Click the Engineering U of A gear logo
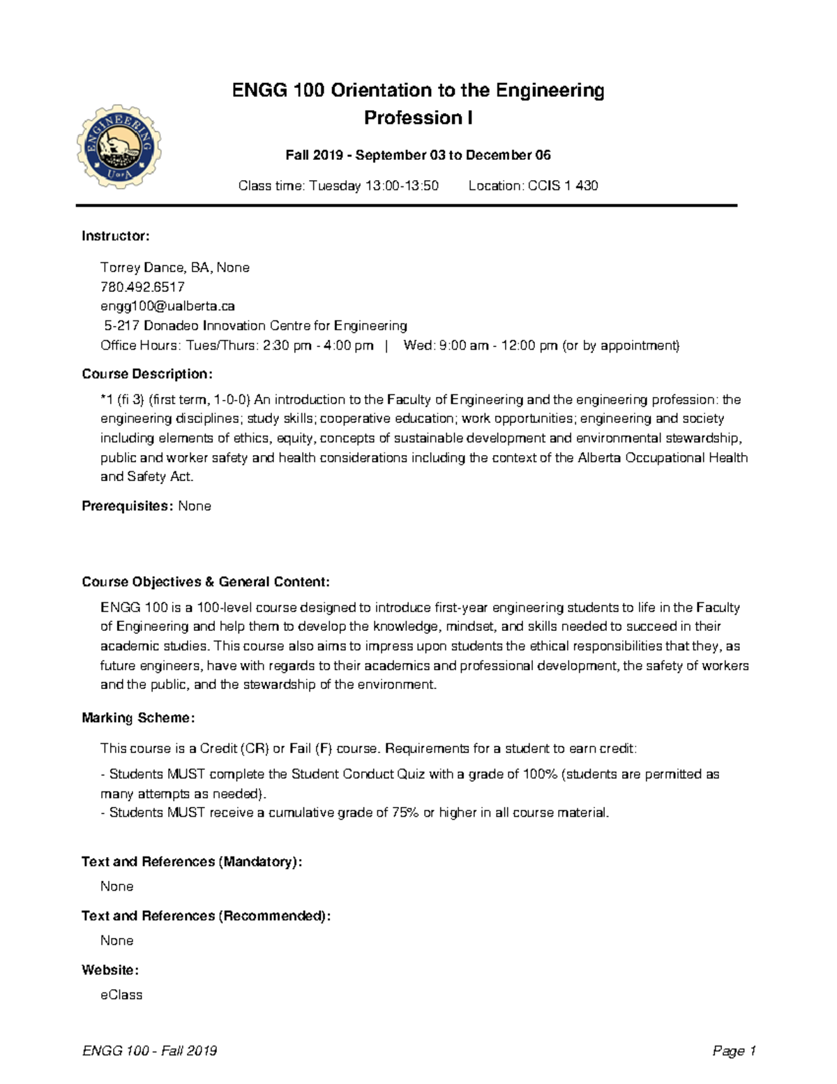tap(119, 147)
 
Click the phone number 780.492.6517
tap(142, 287)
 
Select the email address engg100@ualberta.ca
tap(167, 306)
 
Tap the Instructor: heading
tap(116, 236)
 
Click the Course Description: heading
tap(147, 373)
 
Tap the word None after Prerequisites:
tap(195, 506)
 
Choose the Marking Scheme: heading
tap(138, 718)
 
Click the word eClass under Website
tap(121, 995)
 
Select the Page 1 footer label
tap(734, 1051)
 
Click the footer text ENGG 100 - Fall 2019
tap(149, 1051)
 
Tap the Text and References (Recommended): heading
tap(206, 916)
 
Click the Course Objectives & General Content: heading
tap(206, 581)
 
